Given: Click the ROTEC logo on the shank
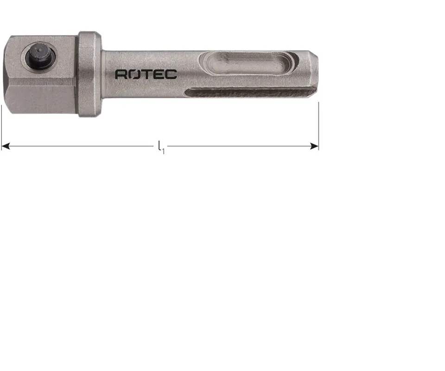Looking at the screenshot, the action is [x=146, y=74].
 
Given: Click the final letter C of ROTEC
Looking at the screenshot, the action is [x=171, y=74].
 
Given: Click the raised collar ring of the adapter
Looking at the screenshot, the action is [x=89, y=74].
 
